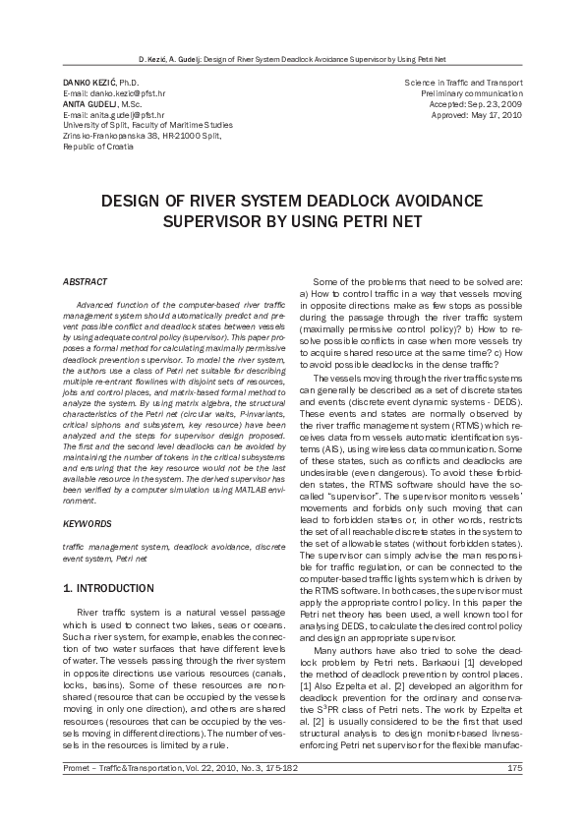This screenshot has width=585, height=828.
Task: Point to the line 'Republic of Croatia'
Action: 96,147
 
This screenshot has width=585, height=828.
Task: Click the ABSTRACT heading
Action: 85,281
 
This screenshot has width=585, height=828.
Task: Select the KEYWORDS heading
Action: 87,523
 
